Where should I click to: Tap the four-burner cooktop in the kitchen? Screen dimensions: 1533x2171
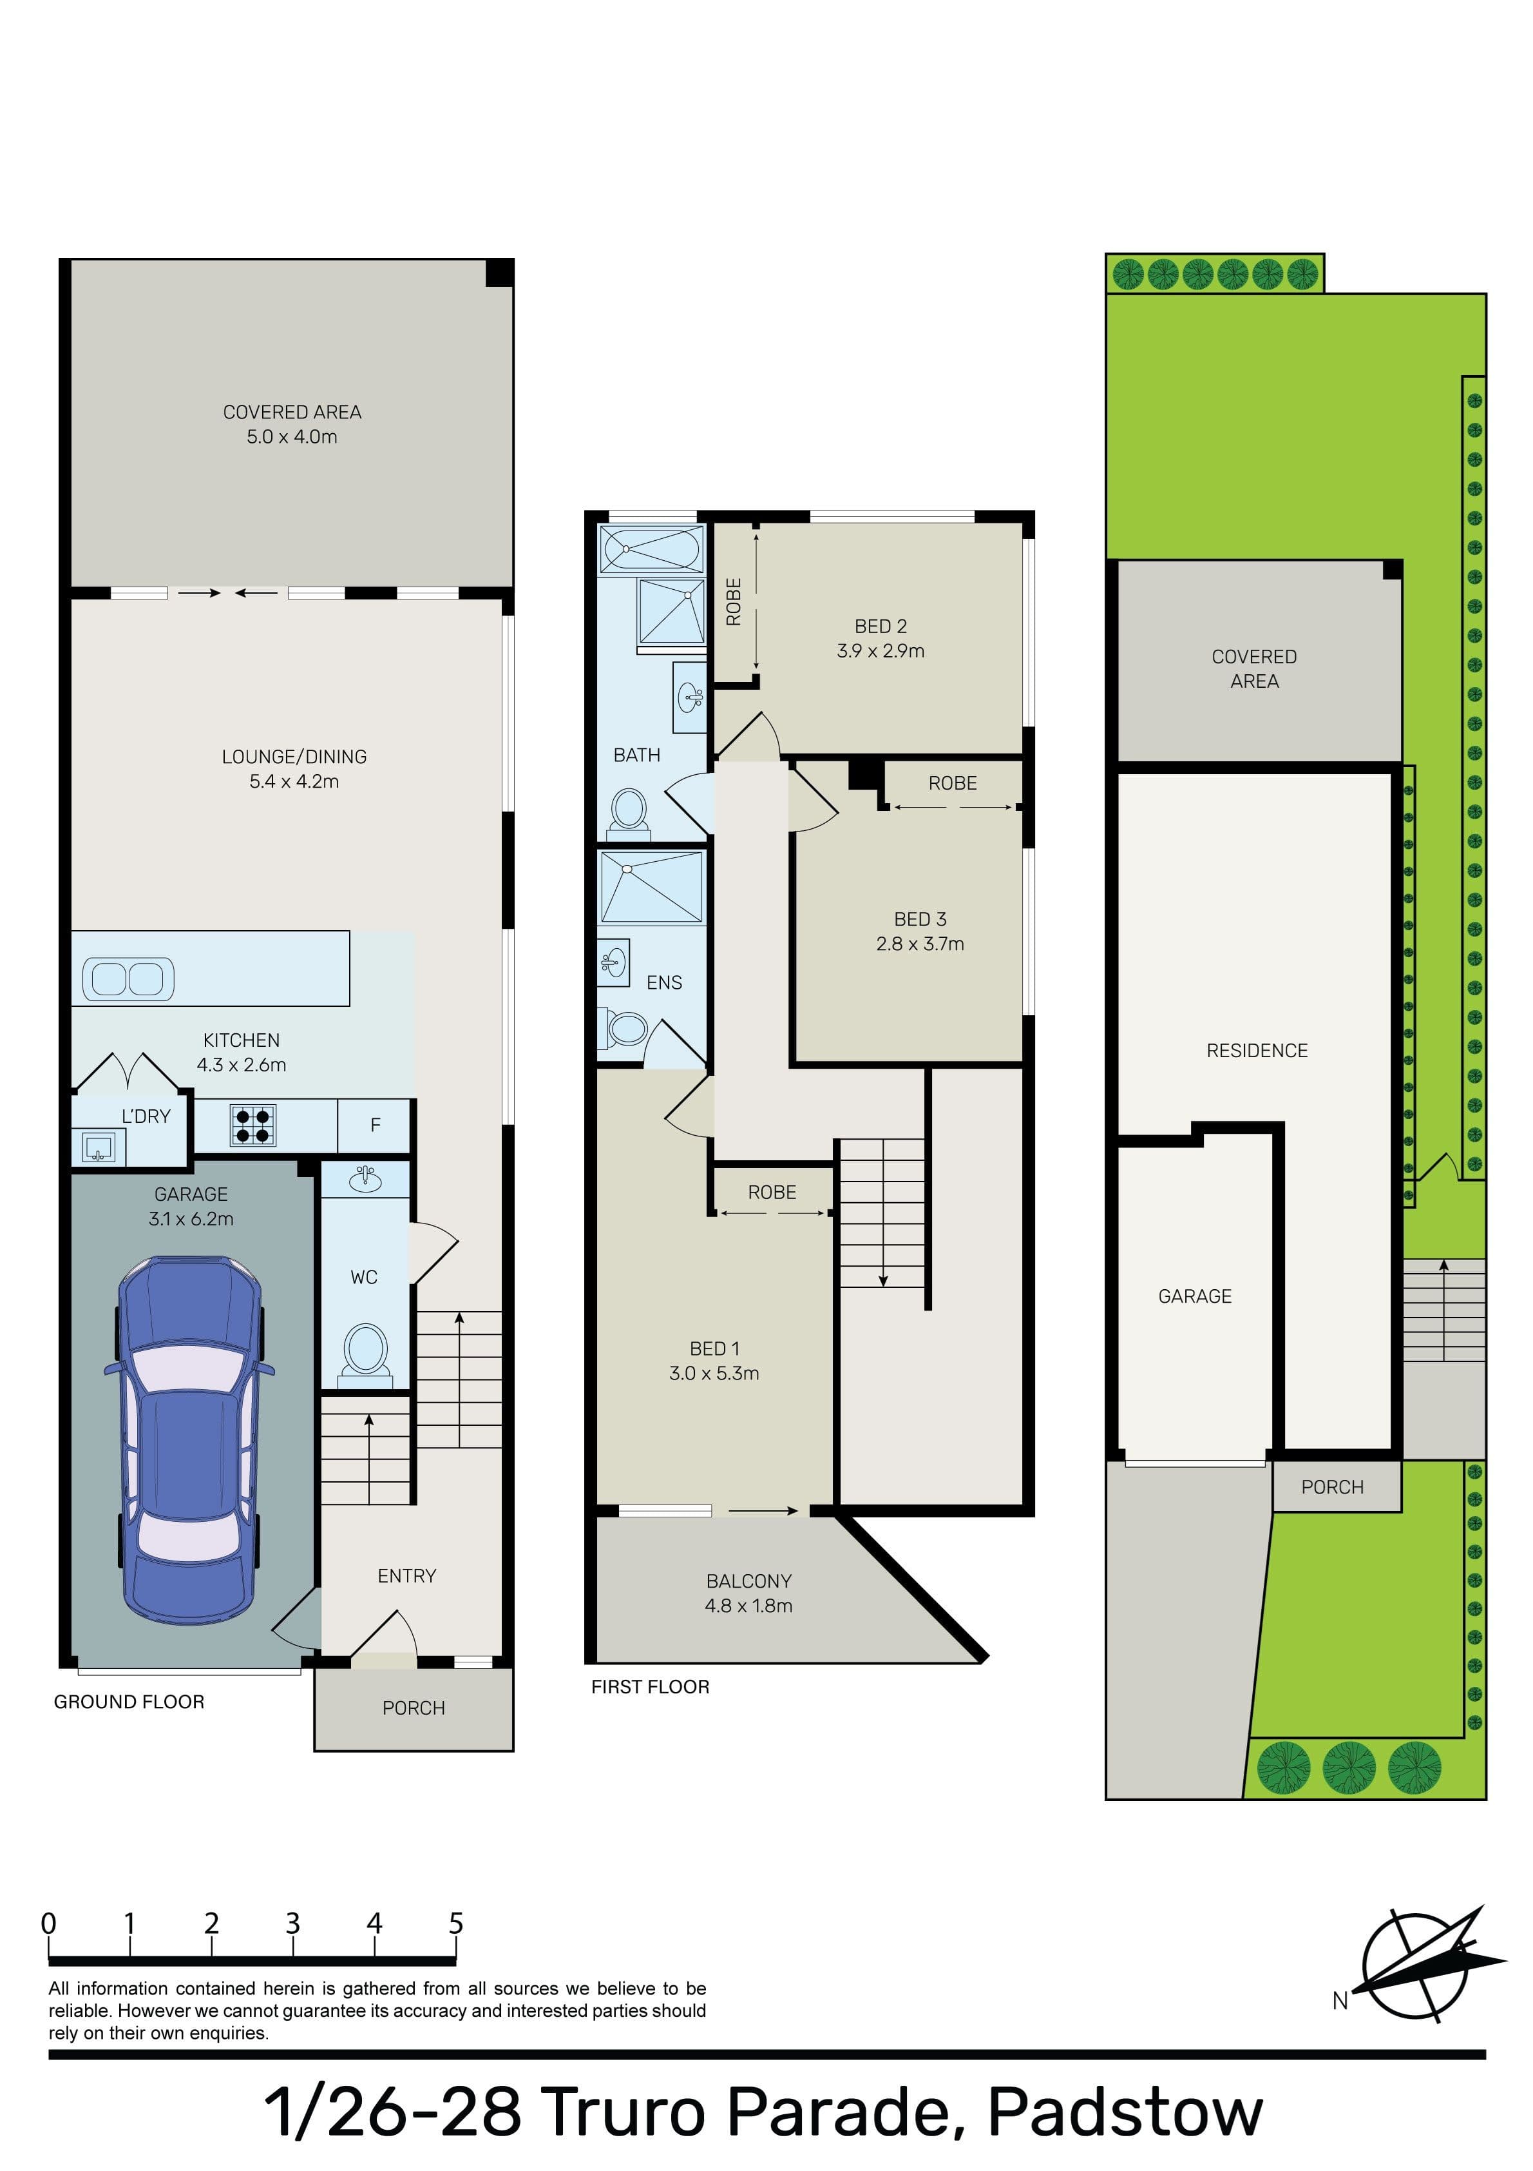pos(252,1124)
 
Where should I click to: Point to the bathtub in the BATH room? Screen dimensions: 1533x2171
pos(652,549)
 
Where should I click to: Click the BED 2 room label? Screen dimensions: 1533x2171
pos(880,626)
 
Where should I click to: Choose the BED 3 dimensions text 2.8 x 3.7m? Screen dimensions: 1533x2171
pos(920,944)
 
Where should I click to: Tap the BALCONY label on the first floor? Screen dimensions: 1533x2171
pos(748,1581)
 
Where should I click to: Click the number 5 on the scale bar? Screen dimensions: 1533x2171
pos(457,1923)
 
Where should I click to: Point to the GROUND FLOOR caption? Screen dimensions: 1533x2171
pos(129,1702)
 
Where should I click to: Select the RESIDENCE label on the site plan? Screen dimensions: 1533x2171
pos(1257,1051)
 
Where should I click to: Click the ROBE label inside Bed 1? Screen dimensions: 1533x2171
pos(772,1193)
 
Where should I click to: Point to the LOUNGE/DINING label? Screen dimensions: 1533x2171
pos(294,757)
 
